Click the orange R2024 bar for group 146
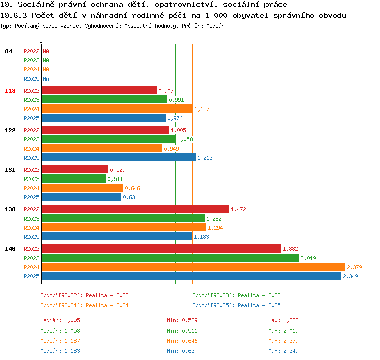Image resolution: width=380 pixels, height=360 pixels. [x=193, y=267]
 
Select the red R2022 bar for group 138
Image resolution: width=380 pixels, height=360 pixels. [x=135, y=209]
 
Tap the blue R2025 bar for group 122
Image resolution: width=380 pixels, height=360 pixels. [x=119, y=158]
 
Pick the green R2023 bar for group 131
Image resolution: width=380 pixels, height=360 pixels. [x=73, y=179]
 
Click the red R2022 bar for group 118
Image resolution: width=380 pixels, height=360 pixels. [x=99, y=90]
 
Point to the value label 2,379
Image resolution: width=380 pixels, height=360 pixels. [x=354, y=267]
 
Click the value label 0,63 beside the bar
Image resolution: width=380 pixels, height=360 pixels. [x=129, y=197]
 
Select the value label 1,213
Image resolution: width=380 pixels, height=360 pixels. [x=205, y=158]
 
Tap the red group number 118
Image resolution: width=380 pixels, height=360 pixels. [x=10, y=91]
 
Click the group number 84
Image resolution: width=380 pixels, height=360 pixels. [x=8, y=51]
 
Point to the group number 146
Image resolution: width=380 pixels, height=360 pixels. [x=10, y=249]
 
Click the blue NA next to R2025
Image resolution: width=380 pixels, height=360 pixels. [x=46, y=79]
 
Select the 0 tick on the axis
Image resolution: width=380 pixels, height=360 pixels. [x=41, y=41]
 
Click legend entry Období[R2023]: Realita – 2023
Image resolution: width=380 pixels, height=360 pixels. [x=236, y=295]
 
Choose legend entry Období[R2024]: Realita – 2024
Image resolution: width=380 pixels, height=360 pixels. [x=84, y=305]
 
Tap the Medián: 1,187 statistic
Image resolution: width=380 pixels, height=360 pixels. [x=60, y=341]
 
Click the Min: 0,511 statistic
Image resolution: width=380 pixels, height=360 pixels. [x=182, y=331]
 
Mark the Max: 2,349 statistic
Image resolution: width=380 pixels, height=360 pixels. [x=283, y=351]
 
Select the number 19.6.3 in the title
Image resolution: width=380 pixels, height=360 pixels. [x=14, y=16]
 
